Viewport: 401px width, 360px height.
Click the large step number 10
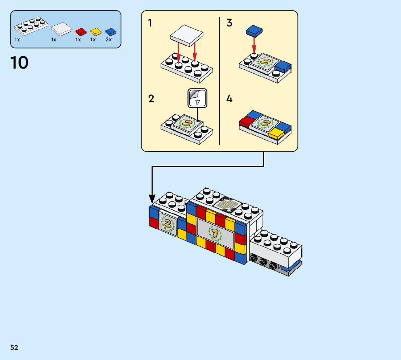[x=20, y=63]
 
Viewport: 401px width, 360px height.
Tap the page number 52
[x=14, y=348]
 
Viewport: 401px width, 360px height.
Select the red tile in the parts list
[x=81, y=32]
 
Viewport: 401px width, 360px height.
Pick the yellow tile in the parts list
[x=96, y=32]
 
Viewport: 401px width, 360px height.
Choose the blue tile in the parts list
[x=111, y=32]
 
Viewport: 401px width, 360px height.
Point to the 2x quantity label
[x=108, y=40]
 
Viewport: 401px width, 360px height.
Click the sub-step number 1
[x=150, y=23]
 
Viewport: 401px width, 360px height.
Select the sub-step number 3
[x=229, y=23]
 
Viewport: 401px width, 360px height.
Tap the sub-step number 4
[x=229, y=99]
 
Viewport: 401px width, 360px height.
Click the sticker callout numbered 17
[x=197, y=98]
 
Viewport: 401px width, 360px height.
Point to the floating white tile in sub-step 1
[x=186, y=36]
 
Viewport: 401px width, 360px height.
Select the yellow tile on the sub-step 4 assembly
[x=276, y=133]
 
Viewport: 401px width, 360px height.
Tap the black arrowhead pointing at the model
[x=152, y=199]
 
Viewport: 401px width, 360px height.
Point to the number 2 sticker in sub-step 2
[x=187, y=123]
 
